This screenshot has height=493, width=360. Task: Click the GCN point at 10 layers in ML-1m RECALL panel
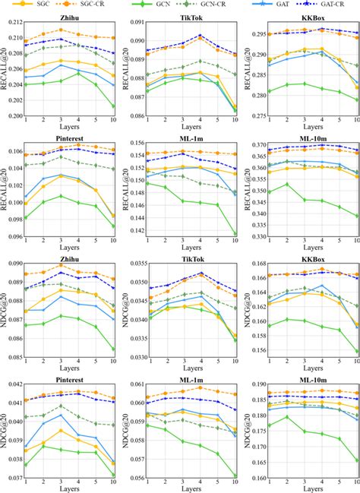pyautogui.click(x=234, y=234)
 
